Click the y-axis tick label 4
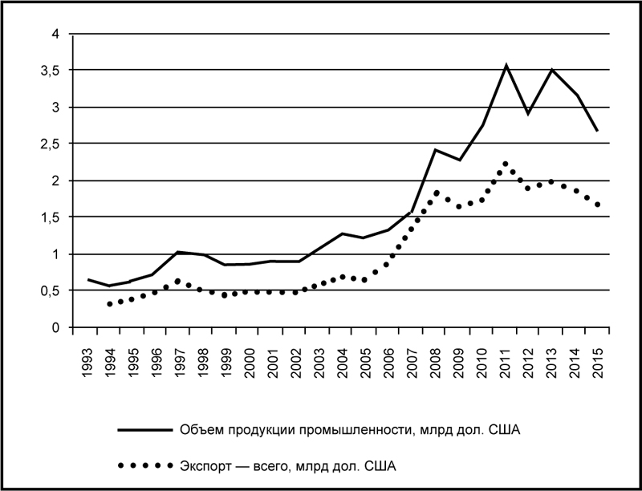coord(55,34)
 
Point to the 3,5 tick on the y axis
coord(51,71)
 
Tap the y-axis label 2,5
coord(51,144)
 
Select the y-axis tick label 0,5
coord(51,290)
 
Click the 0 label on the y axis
coord(55,327)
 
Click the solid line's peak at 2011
coord(506,65)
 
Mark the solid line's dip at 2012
coord(529,114)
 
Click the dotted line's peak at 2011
coord(506,164)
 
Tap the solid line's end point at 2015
coord(599,131)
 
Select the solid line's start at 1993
coord(87,280)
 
